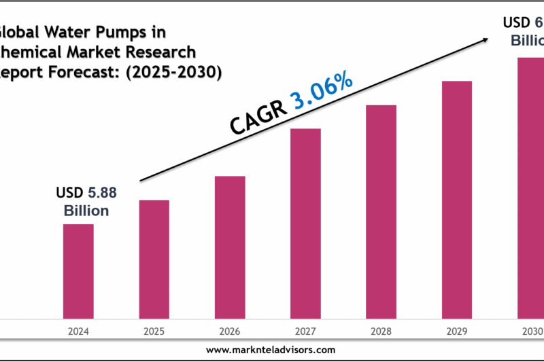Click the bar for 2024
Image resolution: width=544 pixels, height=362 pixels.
pyautogui.click(x=78, y=271)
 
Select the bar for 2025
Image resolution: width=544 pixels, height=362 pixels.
pyautogui.click(x=154, y=259)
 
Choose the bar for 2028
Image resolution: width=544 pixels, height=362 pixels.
pyautogui.click(x=381, y=211)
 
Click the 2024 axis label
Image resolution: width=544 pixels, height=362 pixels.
pyautogui.click(x=78, y=332)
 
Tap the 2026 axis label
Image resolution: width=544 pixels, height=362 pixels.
pyautogui.click(x=230, y=332)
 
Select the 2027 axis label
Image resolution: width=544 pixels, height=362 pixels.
pyautogui.click(x=305, y=332)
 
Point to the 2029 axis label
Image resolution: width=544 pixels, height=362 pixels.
pyautogui.click(x=457, y=332)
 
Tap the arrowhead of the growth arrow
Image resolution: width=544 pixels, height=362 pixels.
pyautogui.click(x=484, y=39)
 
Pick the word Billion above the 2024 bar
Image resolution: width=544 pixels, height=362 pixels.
pyautogui.click(x=86, y=211)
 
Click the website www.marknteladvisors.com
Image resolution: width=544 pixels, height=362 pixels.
pyautogui.click(x=270, y=350)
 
